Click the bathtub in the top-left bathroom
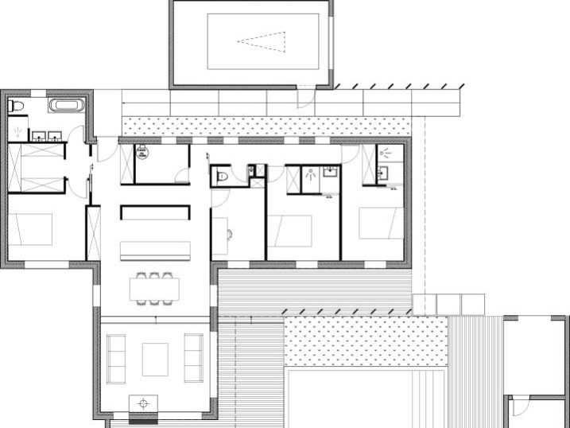coord(64,105)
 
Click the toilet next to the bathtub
coord(17,106)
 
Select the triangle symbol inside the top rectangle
coord(262,40)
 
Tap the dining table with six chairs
coord(154,288)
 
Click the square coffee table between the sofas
coord(154,359)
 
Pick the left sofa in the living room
coord(116,358)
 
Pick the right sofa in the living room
coord(193,358)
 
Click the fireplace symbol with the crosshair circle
coord(144,403)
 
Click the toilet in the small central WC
coord(222,176)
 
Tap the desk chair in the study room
coord(229,234)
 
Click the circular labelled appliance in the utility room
coord(143,154)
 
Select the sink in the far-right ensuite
coord(383,173)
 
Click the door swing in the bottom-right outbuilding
coord(518,407)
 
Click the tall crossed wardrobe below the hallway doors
coord(94,232)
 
